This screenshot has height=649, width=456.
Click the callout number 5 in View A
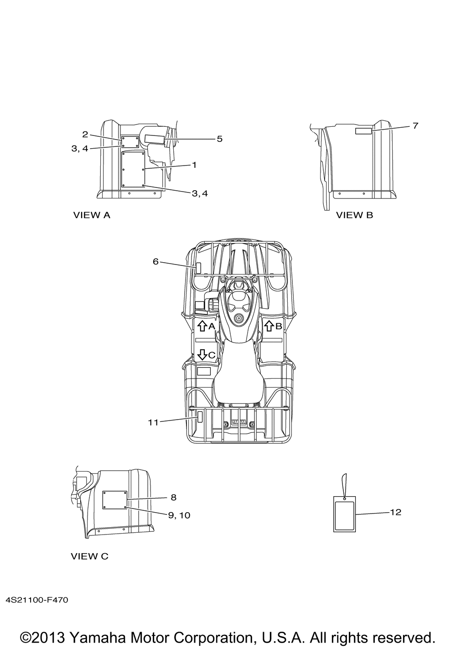click(x=220, y=139)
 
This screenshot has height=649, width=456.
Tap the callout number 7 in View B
click(x=415, y=126)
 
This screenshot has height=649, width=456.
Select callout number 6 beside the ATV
click(x=155, y=262)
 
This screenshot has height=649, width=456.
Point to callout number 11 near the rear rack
click(x=153, y=423)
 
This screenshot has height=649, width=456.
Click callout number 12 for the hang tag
click(x=395, y=512)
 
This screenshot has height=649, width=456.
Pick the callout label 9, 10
click(x=179, y=515)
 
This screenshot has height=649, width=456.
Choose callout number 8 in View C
click(x=173, y=498)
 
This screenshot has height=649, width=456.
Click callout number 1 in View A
click(x=194, y=165)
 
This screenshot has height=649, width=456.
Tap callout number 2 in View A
click(x=85, y=134)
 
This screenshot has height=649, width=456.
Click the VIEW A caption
click(x=92, y=215)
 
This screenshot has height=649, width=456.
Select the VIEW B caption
click(x=354, y=215)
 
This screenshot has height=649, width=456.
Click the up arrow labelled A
click(x=202, y=326)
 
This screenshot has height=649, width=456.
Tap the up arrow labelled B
click(x=269, y=326)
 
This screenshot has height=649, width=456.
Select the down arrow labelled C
click(x=202, y=354)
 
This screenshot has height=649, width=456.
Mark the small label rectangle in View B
click(x=363, y=131)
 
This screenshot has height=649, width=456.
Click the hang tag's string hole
click(x=344, y=498)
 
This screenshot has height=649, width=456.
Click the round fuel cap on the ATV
click(x=239, y=318)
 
